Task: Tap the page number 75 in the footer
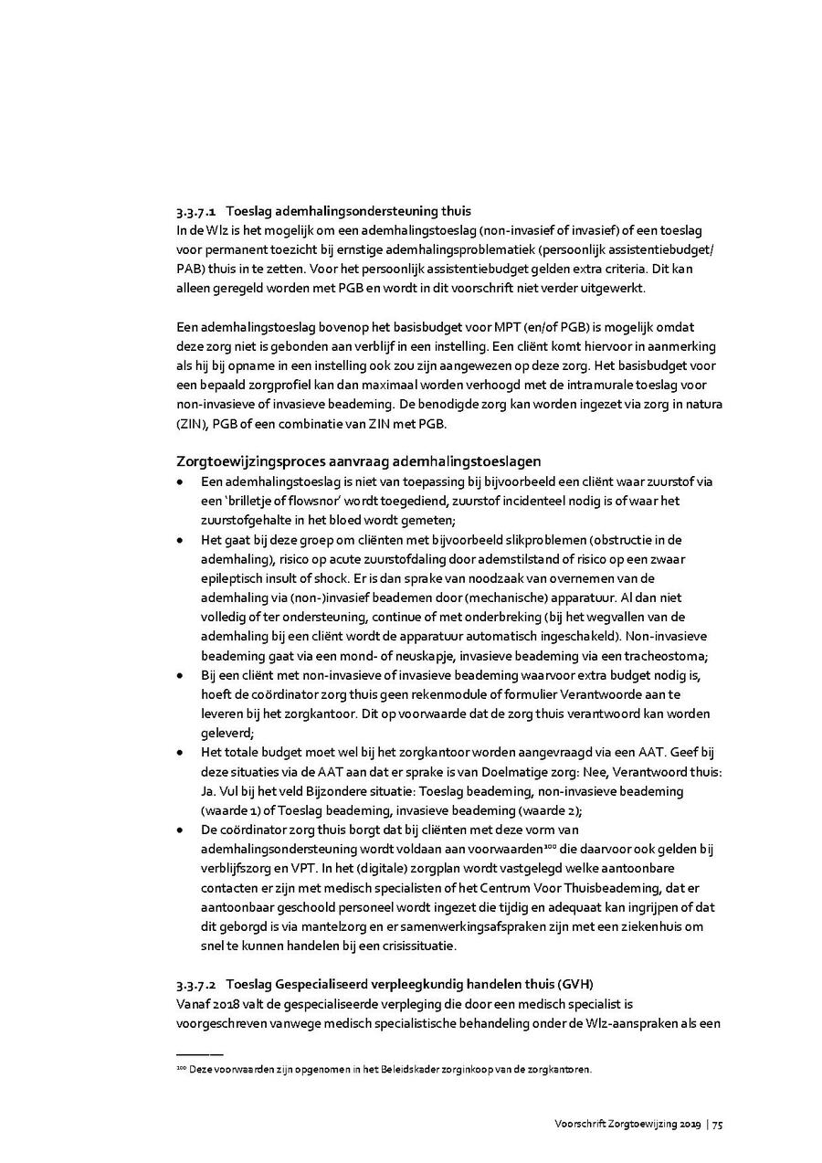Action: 718,1124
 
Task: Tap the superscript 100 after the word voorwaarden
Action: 463,844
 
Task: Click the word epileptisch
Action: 230,578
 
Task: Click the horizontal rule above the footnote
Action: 199,1054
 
